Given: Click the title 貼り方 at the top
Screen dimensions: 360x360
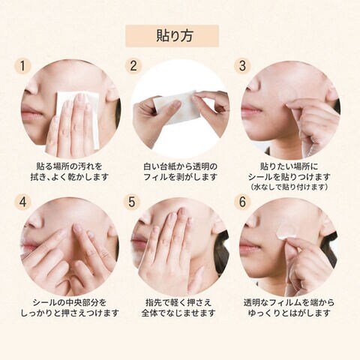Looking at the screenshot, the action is tap(175, 36).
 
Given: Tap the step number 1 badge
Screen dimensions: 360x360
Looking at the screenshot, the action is tap(22, 67).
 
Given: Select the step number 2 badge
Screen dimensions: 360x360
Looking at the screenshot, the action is tap(133, 66).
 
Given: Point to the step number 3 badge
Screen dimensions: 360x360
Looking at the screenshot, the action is tap(242, 66).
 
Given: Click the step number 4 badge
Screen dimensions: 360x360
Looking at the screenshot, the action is tap(22, 202).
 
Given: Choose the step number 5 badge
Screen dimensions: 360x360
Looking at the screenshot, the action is tap(132, 202).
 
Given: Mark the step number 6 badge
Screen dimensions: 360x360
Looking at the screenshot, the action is tap(242, 202).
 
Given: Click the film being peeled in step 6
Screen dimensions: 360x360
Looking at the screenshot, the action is tap(287, 232).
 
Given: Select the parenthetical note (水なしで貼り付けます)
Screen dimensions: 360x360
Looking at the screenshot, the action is tap(289, 187).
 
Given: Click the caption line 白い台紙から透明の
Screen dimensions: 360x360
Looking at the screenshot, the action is tap(180, 166).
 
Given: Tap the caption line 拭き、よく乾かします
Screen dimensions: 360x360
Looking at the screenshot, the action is tap(69, 177).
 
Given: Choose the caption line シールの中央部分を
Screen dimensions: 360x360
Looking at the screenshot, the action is tap(70, 302).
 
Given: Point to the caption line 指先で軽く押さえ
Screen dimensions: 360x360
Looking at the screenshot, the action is tap(178, 302).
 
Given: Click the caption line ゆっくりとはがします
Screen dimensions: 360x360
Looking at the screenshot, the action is tap(289, 313).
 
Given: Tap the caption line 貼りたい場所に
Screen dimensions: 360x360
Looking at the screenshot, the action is tap(289, 166).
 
